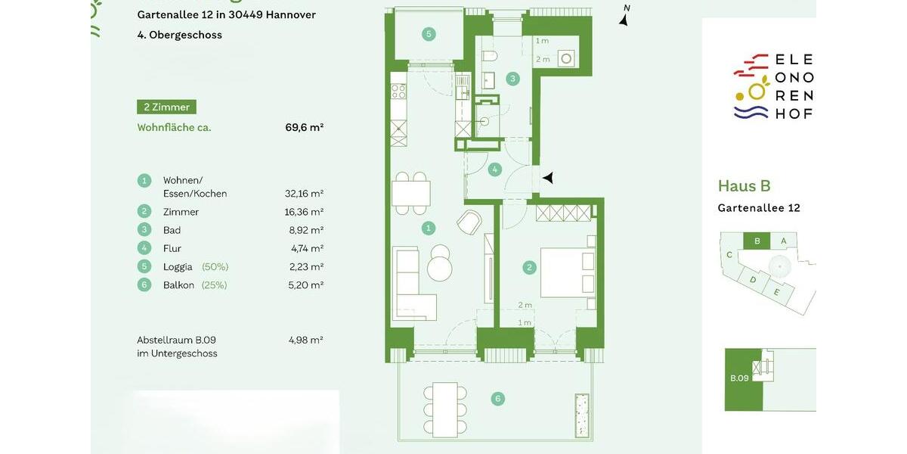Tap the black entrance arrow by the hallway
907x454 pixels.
point(549,178)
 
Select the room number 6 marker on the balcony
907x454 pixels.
point(497,399)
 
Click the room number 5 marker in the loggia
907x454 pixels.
point(429,34)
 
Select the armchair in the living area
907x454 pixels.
point(469,222)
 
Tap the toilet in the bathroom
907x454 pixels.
point(489,58)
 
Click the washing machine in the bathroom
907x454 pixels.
point(565,58)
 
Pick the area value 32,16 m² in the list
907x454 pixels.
point(304,194)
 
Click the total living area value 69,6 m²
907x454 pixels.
point(304,127)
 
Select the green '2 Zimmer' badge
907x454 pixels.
point(166,107)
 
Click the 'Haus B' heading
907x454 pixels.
point(744,186)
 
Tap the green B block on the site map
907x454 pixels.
point(757,241)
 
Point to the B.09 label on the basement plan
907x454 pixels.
point(738,378)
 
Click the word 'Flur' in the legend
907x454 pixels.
point(172,248)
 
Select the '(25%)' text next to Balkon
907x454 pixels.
point(214,285)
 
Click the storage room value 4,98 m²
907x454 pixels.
point(305,340)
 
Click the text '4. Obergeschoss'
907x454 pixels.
point(179,35)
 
